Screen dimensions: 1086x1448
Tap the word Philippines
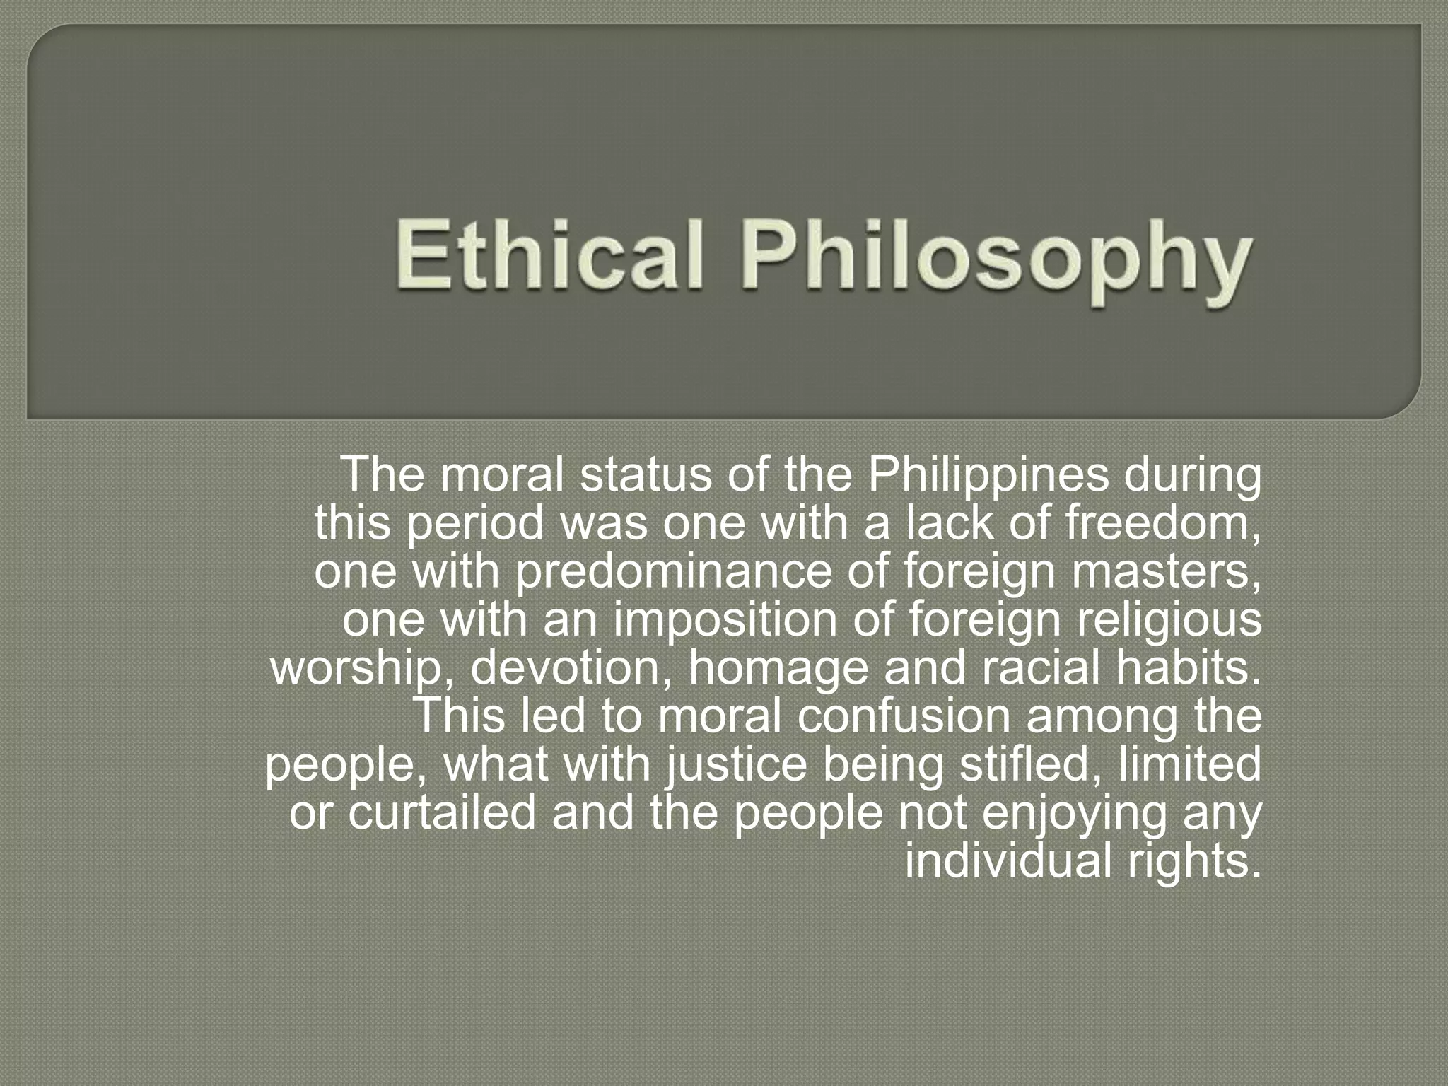pyautogui.click(x=988, y=475)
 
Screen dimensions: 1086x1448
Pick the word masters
pyautogui.click(x=1166, y=571)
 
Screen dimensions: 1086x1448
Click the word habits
pyautogui.click(x=1189, y=668)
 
